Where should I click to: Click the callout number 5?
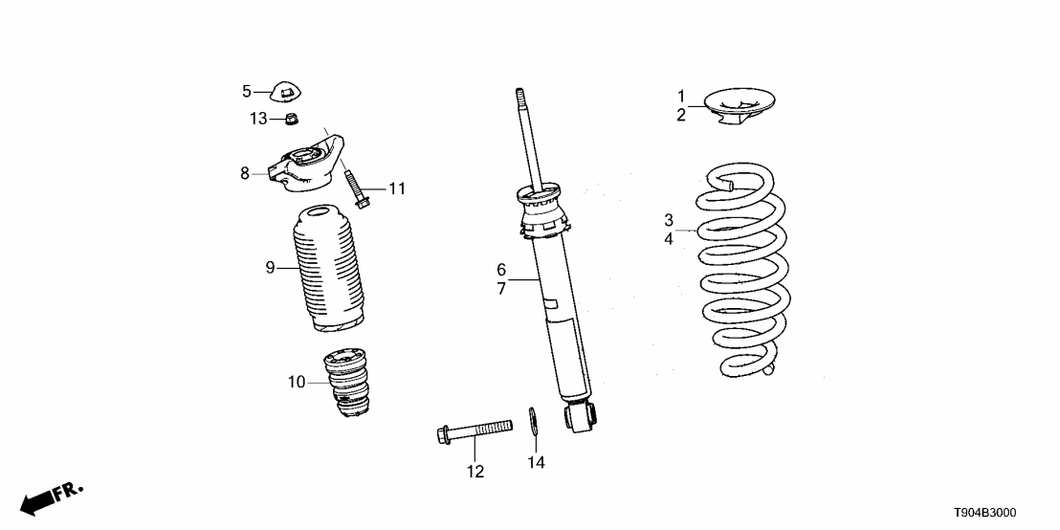(x=246, y=92)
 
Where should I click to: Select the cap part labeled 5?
(x=288, y=92)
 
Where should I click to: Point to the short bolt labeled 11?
(x=357, y=188)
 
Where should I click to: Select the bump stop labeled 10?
(x=347, y=385)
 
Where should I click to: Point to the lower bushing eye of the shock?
(x=581, y=415)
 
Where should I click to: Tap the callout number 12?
(x=475, y=472)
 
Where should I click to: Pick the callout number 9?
(x=270, y=268)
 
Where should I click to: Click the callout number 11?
(x=396, y=189)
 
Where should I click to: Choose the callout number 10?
(x=297, y=383)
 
